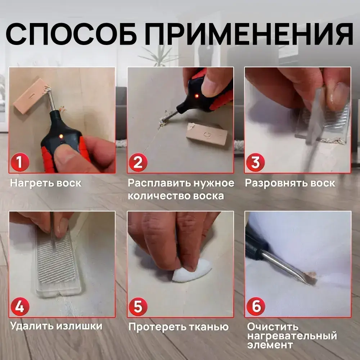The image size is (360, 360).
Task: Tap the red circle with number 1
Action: pyautogui.click(x=19, y=162)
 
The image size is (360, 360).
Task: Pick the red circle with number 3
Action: pyautogui.click(x=255, y=162)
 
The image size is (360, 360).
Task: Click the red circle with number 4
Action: pyautogui.click(x=19, y=307)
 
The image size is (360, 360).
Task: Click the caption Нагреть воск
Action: pyautogui.click(x=46, y=183)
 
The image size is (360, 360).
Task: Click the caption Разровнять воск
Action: pyautogui.click(x=290, y=183)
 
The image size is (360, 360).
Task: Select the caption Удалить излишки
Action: pyautogui.click(x=56, y=326)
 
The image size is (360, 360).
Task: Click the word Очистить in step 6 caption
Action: pyautogui.click(x=273, y=327)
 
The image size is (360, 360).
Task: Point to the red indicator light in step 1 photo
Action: pyautogui.click(x=61, y=136)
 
